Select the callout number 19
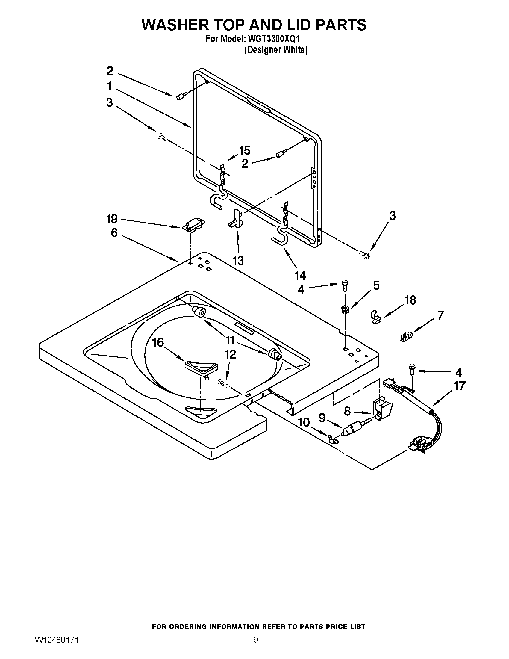tap(112, 219)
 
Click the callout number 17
tap(460, 386)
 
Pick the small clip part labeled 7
tap(406, 336)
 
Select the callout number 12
tap(230, 354)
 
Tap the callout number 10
tap(304, 422)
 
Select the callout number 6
tap(114, 233)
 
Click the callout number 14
tap(300, 276)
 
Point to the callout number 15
tap(245, 150)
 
